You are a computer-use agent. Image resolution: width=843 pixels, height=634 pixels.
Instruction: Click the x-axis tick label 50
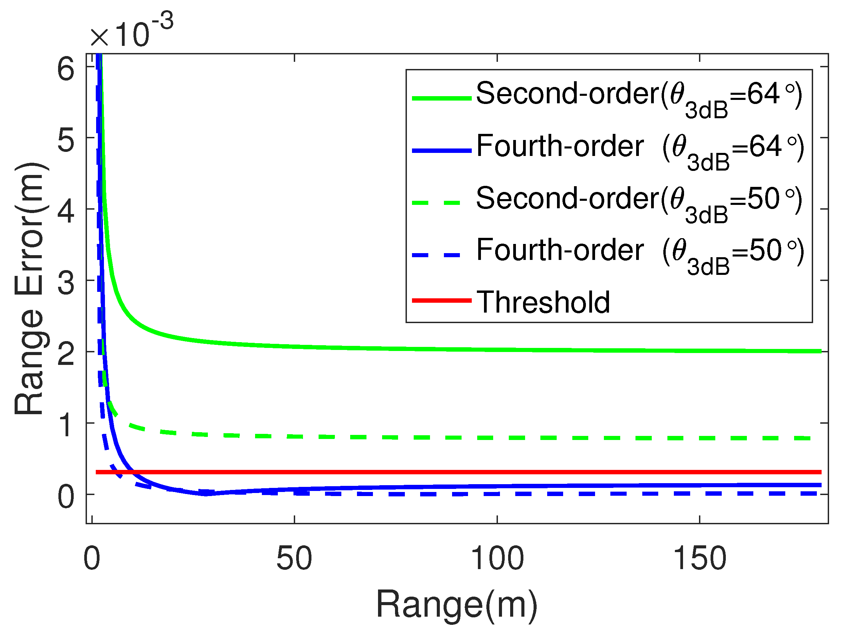[x=294, y=559]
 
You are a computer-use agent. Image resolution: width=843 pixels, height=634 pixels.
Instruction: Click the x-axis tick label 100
[x=497, y=559]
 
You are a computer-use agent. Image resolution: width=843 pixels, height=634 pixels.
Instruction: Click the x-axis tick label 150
[x=700, y=559]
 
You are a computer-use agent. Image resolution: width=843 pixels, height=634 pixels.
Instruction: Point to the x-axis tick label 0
[x=91, y=559]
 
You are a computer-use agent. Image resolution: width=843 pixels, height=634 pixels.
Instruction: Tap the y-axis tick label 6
[x=66, y=69]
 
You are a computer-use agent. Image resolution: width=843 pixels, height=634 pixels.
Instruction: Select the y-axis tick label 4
[x=66, y=212]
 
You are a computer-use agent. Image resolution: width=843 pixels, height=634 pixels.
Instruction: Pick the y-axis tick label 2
[x=66, y=355]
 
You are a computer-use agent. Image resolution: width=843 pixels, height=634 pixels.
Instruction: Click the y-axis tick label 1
[x=66, y=425]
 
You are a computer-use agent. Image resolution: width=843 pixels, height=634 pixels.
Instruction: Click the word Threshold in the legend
[x=543, y=302]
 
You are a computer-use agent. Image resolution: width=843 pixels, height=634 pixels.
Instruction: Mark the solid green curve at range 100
[x=497, y=349]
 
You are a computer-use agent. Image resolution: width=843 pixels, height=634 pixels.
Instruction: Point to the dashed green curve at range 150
[x=700, y=438]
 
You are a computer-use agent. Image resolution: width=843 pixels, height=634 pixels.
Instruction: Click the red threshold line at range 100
[x=497, y=472]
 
